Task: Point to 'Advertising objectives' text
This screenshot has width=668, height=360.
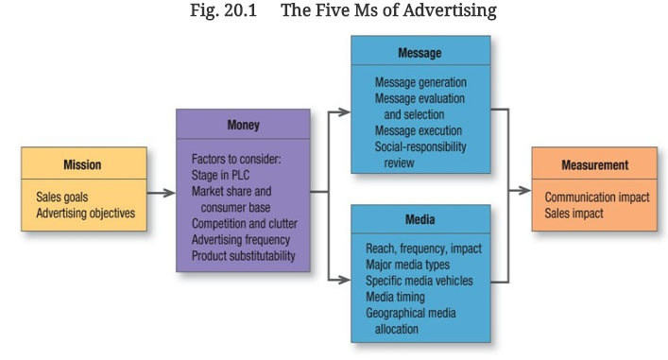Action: coord(86,213)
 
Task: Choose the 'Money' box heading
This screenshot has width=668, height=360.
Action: coord(242,125)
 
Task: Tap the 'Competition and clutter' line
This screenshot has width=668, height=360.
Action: coord(244,224)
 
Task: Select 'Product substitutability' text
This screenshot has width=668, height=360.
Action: coord(244,256)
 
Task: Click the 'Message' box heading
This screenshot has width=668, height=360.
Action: coord(420,53)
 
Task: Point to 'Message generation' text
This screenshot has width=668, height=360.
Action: coord(420,82)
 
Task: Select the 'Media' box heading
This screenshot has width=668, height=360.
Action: coord(420,219)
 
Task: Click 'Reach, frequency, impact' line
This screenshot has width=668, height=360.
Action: coord(423,248)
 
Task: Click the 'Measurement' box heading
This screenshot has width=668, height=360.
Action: coord(594,164)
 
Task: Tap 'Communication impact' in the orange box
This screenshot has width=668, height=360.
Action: coord(597,197)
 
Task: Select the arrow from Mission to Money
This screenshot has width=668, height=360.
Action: coord(162,193)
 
